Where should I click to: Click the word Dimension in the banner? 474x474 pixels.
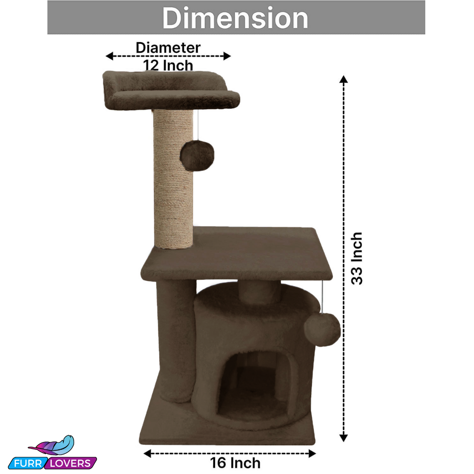click(235, 18)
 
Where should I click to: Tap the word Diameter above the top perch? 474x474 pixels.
click(168, 47)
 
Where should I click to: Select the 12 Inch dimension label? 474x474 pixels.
click(168, 65)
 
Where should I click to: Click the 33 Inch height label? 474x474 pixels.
click(357, 259)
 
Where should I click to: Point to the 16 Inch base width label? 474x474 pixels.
click(235, 463)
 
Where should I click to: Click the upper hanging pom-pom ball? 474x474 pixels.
click(197, 156)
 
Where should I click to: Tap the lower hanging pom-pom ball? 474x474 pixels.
click(322, 330)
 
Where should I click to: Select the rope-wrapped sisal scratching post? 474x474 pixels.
click(173, 179)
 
